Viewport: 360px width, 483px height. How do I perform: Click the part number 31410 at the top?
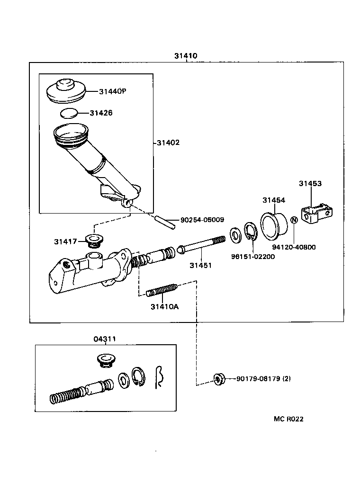click(186, 56)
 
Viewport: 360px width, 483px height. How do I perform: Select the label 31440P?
click(113, 91)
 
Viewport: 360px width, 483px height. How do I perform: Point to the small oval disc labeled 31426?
click(69, 113)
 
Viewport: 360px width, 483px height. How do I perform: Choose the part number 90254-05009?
click(202, 220)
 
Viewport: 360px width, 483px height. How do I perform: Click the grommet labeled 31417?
click(94, 241)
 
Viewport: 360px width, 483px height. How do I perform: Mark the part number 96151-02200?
click(253, 257)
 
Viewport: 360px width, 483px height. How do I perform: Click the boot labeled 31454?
click(274, 225)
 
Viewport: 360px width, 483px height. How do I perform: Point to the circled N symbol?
click(294, 220)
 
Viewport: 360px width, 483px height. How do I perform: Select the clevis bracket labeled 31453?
click(317, 213)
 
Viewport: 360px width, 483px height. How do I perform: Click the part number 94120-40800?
click(294, 247)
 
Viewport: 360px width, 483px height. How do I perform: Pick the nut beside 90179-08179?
click(219, 379)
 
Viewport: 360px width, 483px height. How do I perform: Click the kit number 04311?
click(105, 339)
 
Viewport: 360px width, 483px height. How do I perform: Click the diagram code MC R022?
click(288, 419)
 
